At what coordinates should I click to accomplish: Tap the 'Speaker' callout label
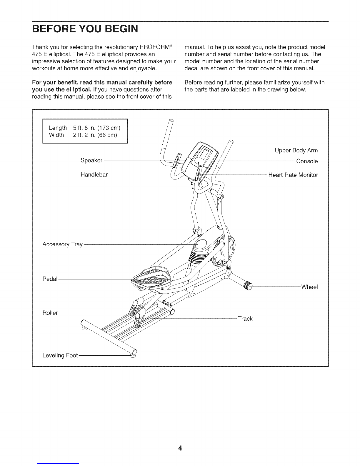(91, 160)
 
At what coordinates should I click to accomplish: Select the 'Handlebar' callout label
(94, 175)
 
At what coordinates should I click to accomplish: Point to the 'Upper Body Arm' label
(296, 151)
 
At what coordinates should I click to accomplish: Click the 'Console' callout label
(307, 161)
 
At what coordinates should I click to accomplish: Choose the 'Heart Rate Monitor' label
(293, 175)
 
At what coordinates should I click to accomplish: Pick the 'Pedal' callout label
(50, 279)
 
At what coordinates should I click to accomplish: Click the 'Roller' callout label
(50, 313)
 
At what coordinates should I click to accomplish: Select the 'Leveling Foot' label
(60, 356)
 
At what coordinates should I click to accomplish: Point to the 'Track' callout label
(245, 319)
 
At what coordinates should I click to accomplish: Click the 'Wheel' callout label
(309, 287)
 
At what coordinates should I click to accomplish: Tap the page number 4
(180, 440)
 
